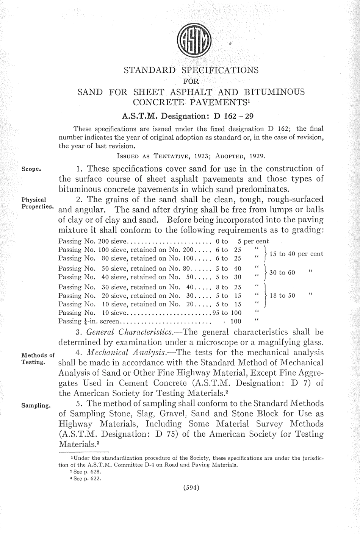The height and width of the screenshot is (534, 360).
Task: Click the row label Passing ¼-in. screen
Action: point(89,322)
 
